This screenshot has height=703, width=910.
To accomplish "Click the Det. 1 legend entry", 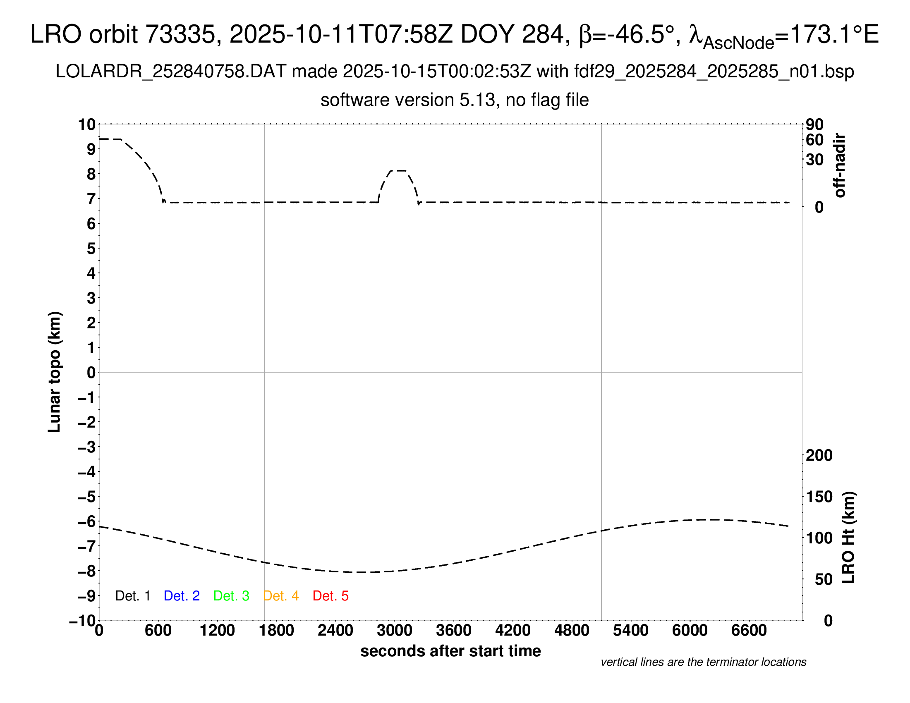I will click(132, 596).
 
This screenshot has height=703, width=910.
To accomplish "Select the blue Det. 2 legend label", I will click(182, 596).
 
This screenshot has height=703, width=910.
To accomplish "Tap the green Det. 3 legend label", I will click(231, 596).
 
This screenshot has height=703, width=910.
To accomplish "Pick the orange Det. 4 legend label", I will click(281, 596).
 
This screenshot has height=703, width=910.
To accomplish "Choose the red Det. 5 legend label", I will click(330, 596).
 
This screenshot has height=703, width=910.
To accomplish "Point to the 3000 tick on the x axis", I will click(395, 631).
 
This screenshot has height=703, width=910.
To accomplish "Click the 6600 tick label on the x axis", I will click(749, 631).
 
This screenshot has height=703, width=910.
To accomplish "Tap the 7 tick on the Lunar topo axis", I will click(91, 199).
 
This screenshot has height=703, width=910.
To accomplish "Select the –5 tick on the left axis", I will click(87, 497).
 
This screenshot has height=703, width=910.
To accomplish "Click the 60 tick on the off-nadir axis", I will click(814, 140).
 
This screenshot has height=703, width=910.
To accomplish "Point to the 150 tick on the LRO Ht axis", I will click(819, 497).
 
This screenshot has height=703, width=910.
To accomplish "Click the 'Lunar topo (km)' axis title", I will click(55, 372).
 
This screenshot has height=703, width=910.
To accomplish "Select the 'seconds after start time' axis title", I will click(450, 651).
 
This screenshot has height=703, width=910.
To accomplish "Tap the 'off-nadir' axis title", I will click(840, 165).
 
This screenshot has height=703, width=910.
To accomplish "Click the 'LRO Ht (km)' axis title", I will click(848, 537).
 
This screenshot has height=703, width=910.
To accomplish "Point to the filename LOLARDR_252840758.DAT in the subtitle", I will click(171, 72).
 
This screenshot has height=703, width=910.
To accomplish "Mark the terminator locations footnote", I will click(703, 662).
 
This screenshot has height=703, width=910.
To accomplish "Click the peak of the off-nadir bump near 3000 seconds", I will click(398, 171).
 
